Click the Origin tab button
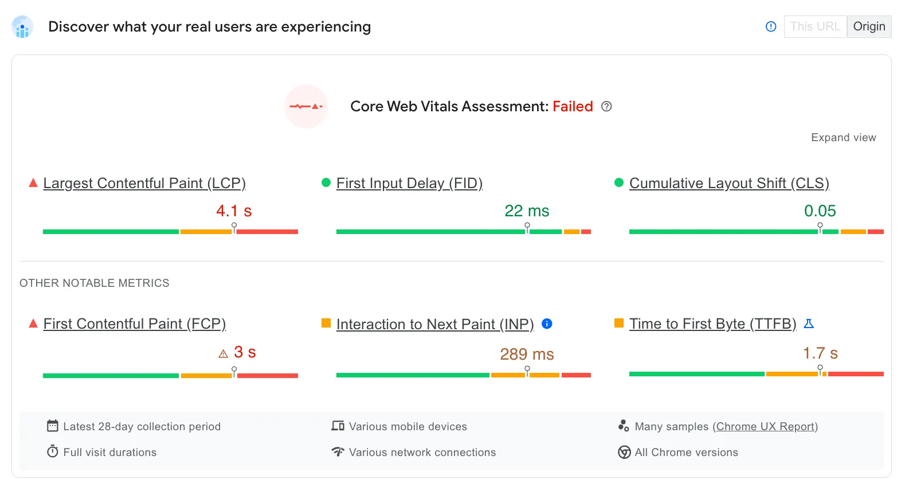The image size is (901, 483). point(869,26)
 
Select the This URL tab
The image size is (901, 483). point(815,26)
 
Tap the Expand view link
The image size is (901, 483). point(843,138)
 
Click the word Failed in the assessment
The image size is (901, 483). point(573,107)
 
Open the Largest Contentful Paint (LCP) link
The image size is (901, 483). point(144,184)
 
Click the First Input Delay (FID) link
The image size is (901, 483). point(409,184)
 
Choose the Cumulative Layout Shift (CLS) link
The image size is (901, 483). point(729,184)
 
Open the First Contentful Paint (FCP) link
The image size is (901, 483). point(135,324)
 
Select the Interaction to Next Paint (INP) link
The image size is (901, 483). point(435,325)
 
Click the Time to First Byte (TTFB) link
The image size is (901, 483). point(712,324)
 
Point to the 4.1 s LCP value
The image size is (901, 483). point(234,211)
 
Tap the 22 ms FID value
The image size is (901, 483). point(527,211)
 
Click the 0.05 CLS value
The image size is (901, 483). point(820,211)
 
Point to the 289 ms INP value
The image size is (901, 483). point(527,355)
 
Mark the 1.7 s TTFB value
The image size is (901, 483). point(820,353)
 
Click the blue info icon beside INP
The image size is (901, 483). point(547,324)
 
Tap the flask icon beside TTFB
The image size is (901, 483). point(809,324)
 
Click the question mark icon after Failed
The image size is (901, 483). point(606,107)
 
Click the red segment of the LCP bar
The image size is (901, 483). point(267,232)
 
